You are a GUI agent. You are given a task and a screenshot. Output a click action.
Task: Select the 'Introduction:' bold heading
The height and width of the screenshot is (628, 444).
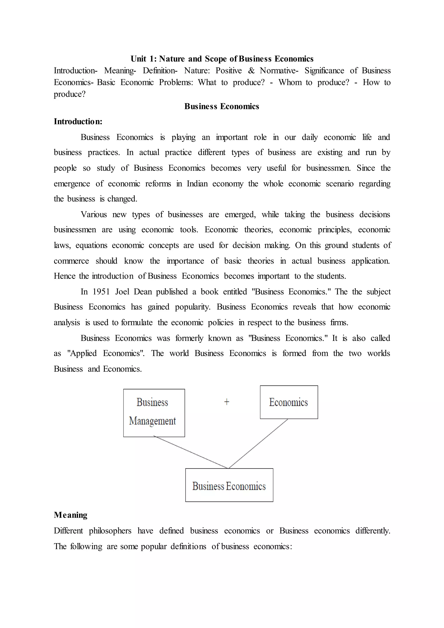click(x=78, y=121)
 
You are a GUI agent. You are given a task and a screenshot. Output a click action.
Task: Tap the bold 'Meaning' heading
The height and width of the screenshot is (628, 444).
click(x=70, y=515)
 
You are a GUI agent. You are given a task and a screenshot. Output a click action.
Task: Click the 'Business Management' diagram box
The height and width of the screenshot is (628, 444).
click(x=154, y=413)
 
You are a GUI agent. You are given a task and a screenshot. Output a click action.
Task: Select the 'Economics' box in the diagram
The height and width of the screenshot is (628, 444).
click(x=289, y=402)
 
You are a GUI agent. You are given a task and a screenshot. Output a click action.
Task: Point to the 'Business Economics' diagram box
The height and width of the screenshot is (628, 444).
click(x=229, y=486)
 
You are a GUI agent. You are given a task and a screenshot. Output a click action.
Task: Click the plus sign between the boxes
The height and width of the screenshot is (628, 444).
click(x=227, y=402)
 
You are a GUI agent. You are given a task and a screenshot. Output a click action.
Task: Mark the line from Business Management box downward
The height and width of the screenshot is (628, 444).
click(x=191, y=452)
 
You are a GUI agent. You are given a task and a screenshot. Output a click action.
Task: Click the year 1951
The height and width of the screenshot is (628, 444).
click(x=101, y=292)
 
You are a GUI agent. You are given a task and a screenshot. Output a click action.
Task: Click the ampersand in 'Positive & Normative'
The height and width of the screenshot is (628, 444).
click(x=251, y=70)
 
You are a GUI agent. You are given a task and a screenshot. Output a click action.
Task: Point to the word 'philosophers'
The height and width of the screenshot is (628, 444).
click(x=110, y=531)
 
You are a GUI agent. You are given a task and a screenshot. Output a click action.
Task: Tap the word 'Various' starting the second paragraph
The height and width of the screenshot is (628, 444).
click(x=93, y=214)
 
